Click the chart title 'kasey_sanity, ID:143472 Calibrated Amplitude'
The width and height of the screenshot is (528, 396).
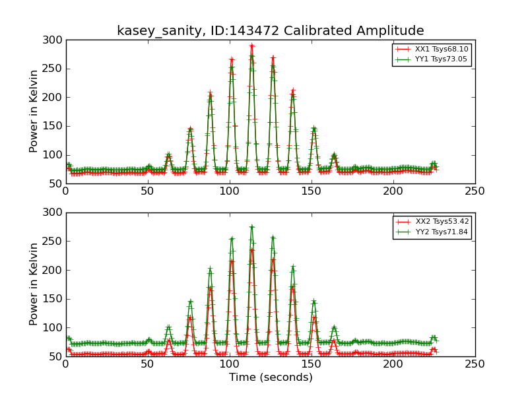point(270,30)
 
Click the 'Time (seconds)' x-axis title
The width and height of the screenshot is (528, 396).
point(271,378)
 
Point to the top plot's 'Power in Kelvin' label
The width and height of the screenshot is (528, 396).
point(34,112)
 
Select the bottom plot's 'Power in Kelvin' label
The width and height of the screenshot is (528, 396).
point(34,284)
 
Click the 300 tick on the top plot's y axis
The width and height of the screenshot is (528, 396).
point(55,40)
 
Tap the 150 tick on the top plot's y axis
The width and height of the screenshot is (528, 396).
point(55,126)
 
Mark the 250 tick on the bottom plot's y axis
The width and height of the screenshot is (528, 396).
point(55,242)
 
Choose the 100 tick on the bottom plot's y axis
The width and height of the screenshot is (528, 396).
point(55,328)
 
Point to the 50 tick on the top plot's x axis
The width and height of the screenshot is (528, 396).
point(147,191)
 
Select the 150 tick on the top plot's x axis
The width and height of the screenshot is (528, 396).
point(311,191)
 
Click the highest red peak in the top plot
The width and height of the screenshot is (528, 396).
point(251,46)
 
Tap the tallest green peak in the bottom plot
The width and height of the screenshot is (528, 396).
point(251,227)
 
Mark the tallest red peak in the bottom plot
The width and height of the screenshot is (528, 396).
point(251,249)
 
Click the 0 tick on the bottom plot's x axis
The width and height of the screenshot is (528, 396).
point(65,364)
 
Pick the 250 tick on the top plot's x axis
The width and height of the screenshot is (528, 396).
point(475,191)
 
